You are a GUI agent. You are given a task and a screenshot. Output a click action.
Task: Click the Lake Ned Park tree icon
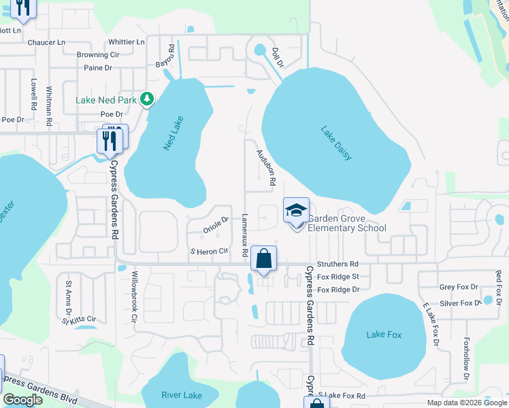pyautogui.click(x=146, y=100)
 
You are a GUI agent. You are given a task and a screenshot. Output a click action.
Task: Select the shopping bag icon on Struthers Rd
pyautogui.click(x=264, y=258)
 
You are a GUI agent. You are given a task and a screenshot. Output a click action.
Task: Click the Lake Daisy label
pyautogui.click(x=337, y=144)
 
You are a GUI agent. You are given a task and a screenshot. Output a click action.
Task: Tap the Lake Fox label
pyautogui.click(x=384, y=335)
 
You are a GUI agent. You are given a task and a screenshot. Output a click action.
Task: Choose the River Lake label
pyautogui.click(x=182, y=395)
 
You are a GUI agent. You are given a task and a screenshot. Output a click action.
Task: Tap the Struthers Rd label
pyautogui.click(x=338, y=264)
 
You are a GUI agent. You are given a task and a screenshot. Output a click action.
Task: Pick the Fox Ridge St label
pyautogui.click(x=338, y=277)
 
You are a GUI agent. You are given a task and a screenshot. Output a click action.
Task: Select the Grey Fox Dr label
pyautogui.click(x=459, y=288)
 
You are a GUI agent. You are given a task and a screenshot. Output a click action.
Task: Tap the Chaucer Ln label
pyautogui.click(x=46, y=42)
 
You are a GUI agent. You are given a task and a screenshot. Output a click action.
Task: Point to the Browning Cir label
pyautogui.click(x=97, y=55)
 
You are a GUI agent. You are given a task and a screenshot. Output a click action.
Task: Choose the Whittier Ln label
pyautogui.click(x=127, y=42)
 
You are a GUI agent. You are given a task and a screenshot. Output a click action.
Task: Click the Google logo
pyautogui.click(x=23, y=400)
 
